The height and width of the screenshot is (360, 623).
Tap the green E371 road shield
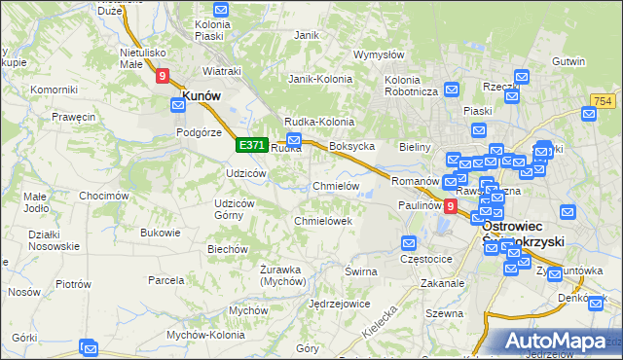point(251,145)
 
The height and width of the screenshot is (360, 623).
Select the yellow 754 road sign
point(602,102)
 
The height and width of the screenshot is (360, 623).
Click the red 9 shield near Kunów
point(162,74)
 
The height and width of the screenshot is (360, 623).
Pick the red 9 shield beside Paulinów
point(450,205)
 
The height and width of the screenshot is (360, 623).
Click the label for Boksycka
point(352,146)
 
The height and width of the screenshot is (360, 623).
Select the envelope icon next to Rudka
point(293,141)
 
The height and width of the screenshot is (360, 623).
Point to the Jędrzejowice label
point(338,304)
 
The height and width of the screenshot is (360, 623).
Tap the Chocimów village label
point(104,196)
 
